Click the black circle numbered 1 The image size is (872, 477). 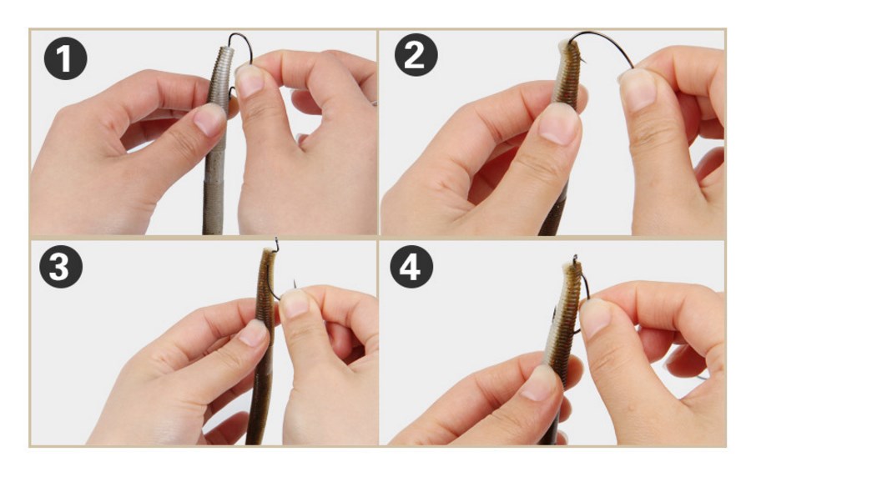(x=66, y=58)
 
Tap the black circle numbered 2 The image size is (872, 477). (x=416, y=54)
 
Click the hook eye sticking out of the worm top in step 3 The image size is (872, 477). (x=276, y=244)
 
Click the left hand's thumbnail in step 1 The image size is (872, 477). (x=209, y=119)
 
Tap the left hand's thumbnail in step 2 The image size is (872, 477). (x=560, y=124)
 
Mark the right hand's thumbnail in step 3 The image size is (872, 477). (x=295, y=303)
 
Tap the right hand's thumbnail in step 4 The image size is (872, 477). (x=595, y=318)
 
